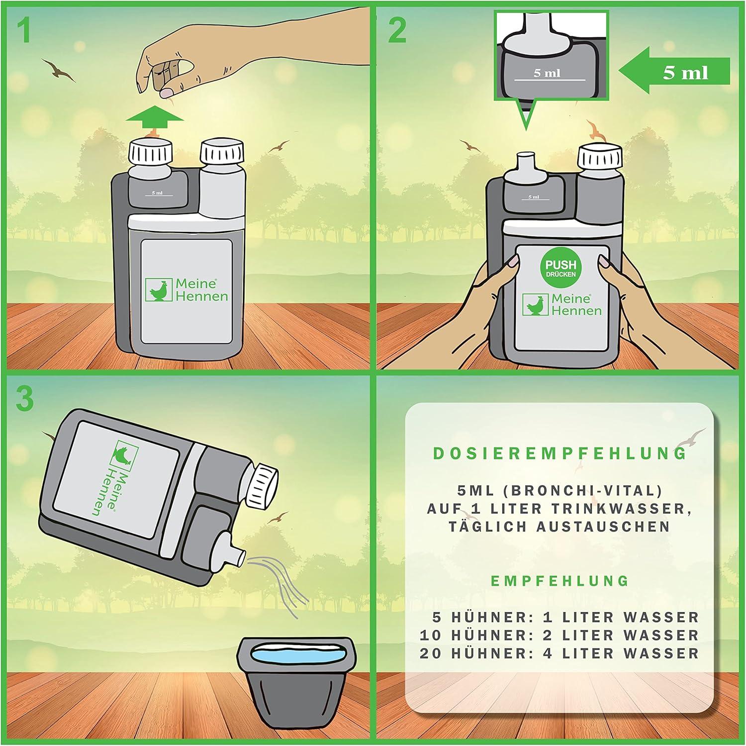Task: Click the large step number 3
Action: [25, 399]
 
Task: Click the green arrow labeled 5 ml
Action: [675, 72]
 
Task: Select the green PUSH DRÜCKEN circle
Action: [560, 268]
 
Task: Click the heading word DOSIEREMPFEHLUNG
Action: [560, 453]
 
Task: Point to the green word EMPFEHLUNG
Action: [560, 581]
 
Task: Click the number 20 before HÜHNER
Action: [431, 653]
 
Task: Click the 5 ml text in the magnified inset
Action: [547, 73]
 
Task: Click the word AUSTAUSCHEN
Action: [603, 527]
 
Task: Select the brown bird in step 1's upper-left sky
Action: [58, 70]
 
